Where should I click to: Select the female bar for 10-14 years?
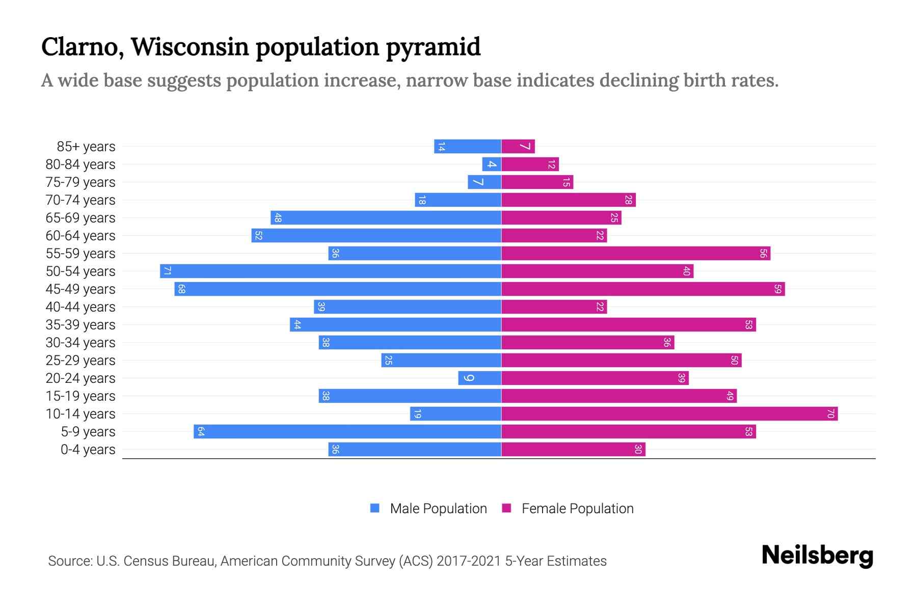point(669,414)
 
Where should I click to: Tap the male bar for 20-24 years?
point(479,378)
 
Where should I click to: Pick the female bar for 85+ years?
point(518,147)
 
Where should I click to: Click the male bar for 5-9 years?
point(347,432)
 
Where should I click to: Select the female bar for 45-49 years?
point(643,289)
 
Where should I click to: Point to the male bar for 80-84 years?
point(492,164)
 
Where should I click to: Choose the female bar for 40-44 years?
point(554,307)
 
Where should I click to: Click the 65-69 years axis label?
point(80,218)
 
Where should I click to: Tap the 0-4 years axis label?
point(88,450)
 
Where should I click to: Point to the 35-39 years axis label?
point(80,325)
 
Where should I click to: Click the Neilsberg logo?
point(817,556)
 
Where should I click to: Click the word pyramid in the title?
point(433,47)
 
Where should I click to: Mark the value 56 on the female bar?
point(763,254)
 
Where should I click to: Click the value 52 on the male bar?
point(258,236)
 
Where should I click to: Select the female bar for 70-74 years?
point(568,200)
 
